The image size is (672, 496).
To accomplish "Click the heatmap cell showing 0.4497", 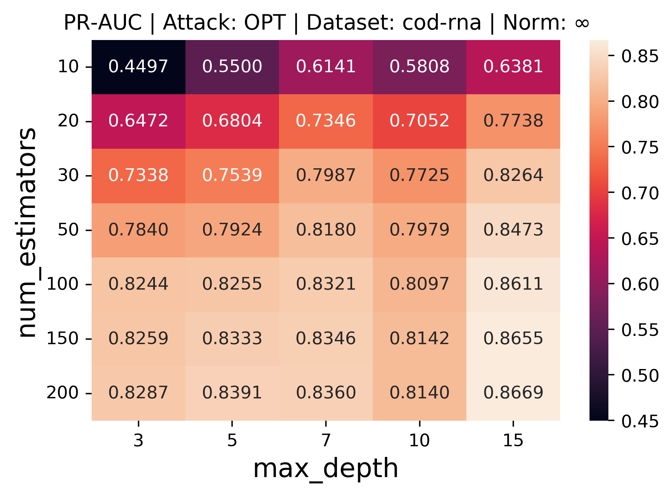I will coord(138,66).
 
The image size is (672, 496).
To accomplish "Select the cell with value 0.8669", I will coord(513,393).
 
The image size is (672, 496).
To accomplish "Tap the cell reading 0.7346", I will coord(326,121).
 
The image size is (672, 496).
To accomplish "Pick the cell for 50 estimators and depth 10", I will coord(419,230).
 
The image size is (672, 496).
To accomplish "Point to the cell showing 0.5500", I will coord(232,66).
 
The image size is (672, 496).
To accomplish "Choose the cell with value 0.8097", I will coord(419,284).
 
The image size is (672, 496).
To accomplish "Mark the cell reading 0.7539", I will coord(232,175).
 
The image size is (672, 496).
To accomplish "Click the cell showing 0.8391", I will coord(232,393).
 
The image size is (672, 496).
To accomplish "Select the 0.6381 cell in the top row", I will coord(513,66).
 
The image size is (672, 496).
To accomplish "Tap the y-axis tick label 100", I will coord(62,284).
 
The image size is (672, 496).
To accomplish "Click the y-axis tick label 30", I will coord(68,175).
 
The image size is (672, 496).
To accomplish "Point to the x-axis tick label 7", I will coord(326,440).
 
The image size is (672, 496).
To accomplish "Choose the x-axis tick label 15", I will coord(513,440).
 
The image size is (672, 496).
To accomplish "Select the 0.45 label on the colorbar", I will coord(640,421).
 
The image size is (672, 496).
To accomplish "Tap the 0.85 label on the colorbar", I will coord(640,56).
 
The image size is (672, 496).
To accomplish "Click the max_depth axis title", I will coord(326,469).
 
